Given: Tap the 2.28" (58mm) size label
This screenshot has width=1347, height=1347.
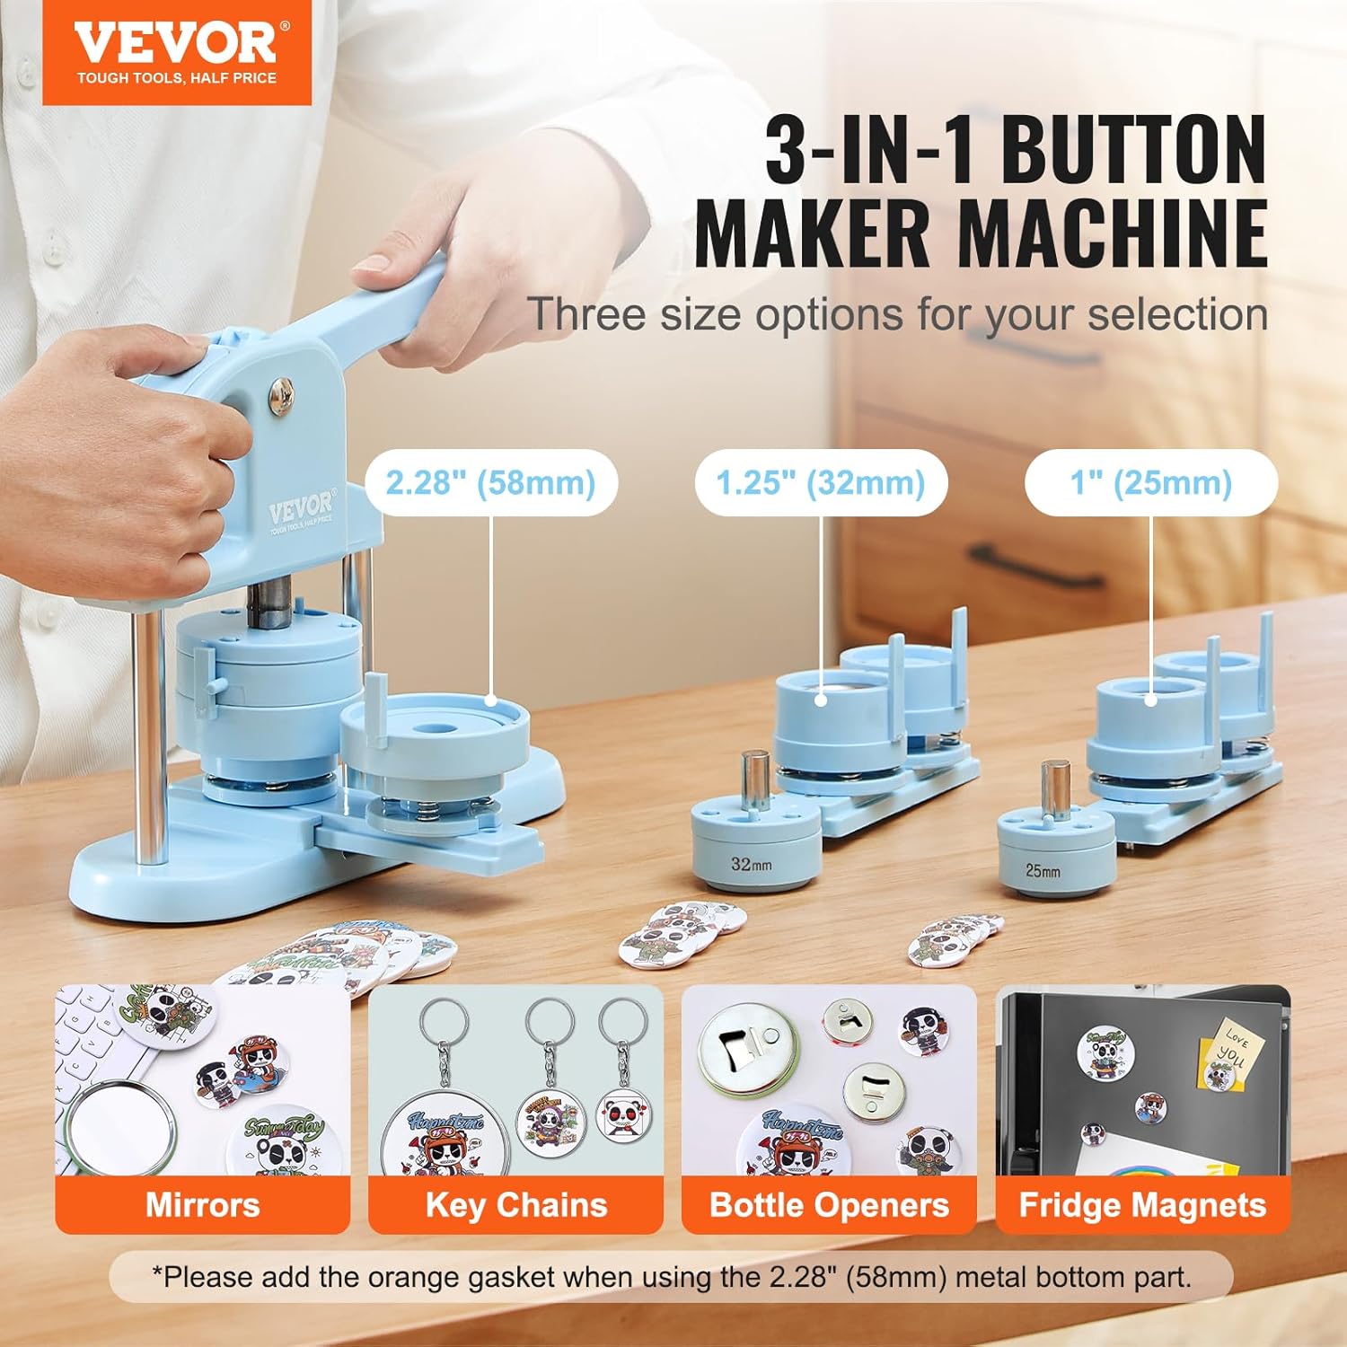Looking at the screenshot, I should tap(490, 483).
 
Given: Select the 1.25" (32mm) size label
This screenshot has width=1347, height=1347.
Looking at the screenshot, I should tap(820, 483).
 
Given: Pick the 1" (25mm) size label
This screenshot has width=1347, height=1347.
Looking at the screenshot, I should tap(1150, 483).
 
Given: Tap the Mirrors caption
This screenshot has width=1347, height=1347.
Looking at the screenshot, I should tap(202, 1205).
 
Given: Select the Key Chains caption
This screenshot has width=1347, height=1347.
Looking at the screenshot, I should tap(515, 1205).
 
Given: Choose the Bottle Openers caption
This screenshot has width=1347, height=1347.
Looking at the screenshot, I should tap(829, 1205).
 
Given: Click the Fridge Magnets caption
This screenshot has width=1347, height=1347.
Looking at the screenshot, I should tap(1142, 1205).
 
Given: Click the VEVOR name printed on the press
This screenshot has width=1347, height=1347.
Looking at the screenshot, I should tap(300, 510).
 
